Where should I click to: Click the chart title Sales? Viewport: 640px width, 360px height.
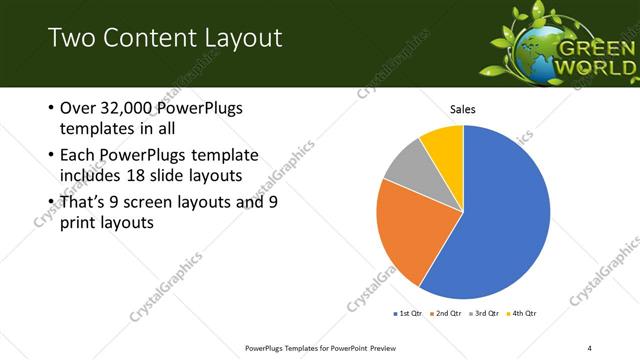tap(462, 109)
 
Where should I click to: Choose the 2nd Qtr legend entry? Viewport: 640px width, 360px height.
tap(445, 314)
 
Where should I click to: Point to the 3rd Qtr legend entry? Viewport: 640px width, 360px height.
tap(483, 314)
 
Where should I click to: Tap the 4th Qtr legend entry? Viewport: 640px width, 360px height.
tap(521, 314)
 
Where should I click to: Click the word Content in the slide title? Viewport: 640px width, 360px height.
tap(139, 39)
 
